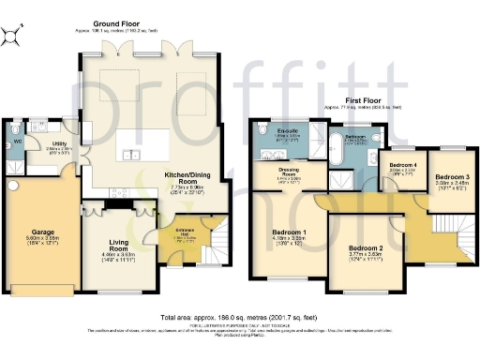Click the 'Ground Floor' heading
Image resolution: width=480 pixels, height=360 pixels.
click(x=116, y=22)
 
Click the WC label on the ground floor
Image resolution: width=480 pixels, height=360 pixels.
click(x=16, y=141)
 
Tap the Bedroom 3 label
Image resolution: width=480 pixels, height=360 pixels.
click(x=451, y=176)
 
